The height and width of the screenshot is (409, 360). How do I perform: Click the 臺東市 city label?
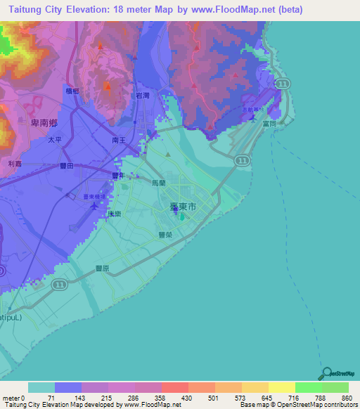coord(184,209)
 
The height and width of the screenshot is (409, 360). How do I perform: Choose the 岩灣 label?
coord(143,95)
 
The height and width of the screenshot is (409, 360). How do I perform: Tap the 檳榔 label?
coord(72,91)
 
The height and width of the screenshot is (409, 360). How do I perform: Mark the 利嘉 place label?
coord(15,163)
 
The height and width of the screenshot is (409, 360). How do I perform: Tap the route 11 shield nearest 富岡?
coord(282,84)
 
